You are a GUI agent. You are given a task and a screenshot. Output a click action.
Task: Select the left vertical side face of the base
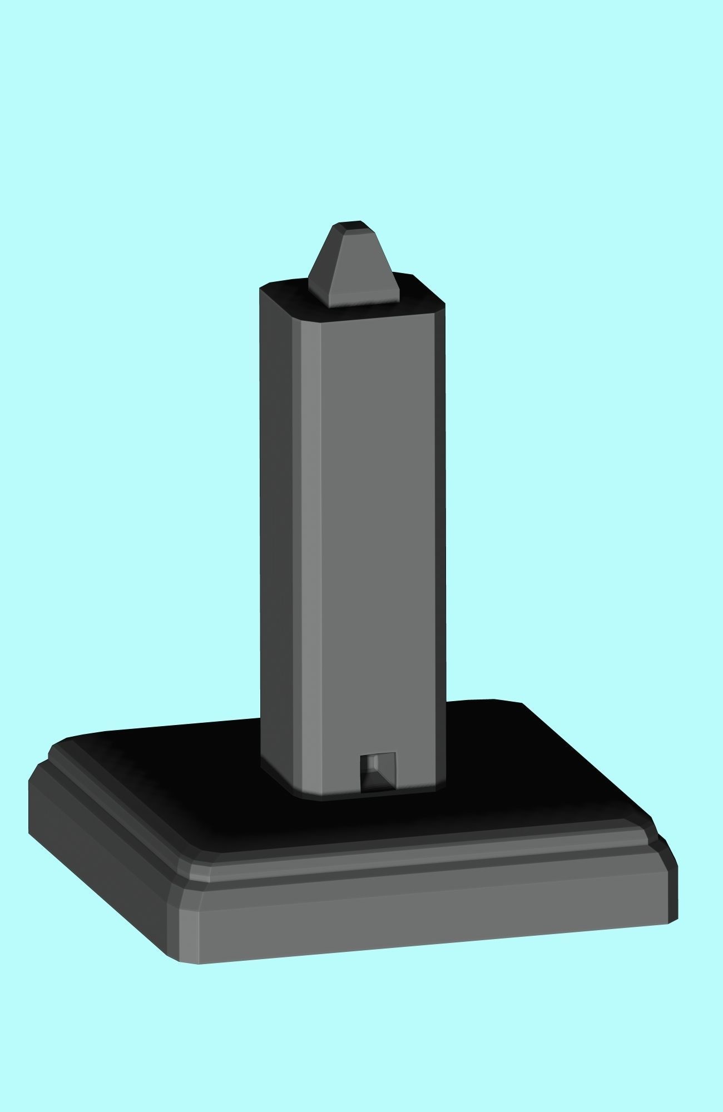click(100, 867)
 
